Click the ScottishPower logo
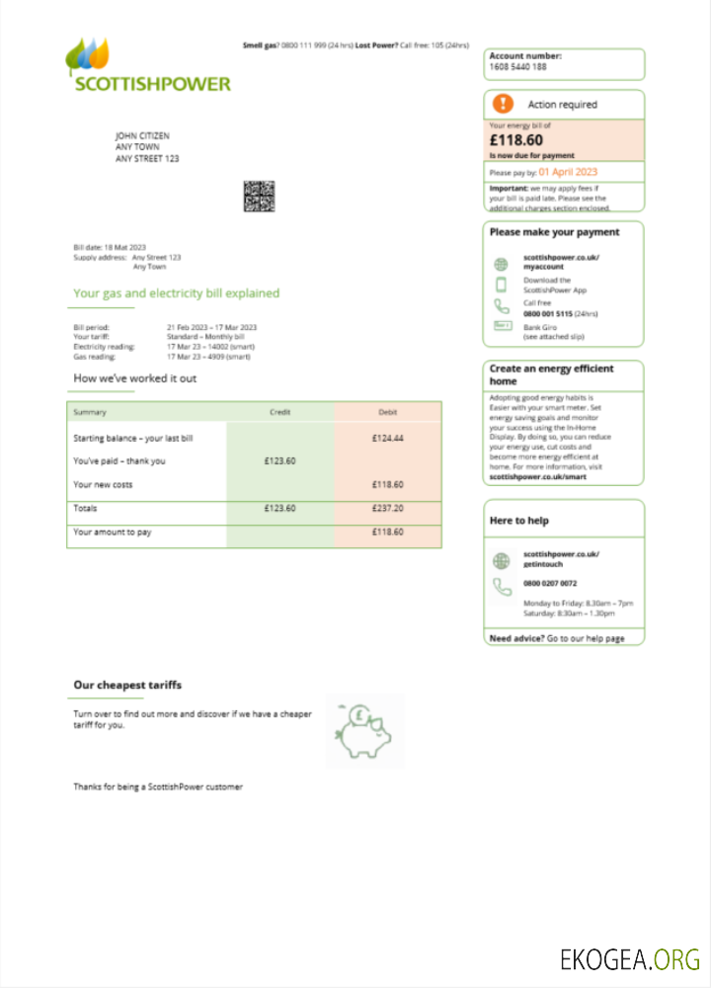coord(147,66)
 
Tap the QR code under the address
coord(259,196)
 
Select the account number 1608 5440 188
coord(517,67)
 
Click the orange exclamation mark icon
coord(504,104)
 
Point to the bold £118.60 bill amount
coord(515,140)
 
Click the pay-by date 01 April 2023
coord(568,172)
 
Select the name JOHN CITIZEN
coord(142,135)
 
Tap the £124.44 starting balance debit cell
coord(387,438)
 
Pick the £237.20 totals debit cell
coord(387,508)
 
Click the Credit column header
coord(280,412)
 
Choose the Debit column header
coord(387,412)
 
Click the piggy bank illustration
coord(364,730)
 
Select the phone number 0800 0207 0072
coord(550,584)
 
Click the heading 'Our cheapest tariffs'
coord(127,685)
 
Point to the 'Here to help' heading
coord(518,521)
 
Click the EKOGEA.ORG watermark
coord(629,958)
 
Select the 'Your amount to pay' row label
coord(113,532)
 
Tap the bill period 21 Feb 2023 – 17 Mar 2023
coord(211,327)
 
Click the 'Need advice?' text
coord(515,638)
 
